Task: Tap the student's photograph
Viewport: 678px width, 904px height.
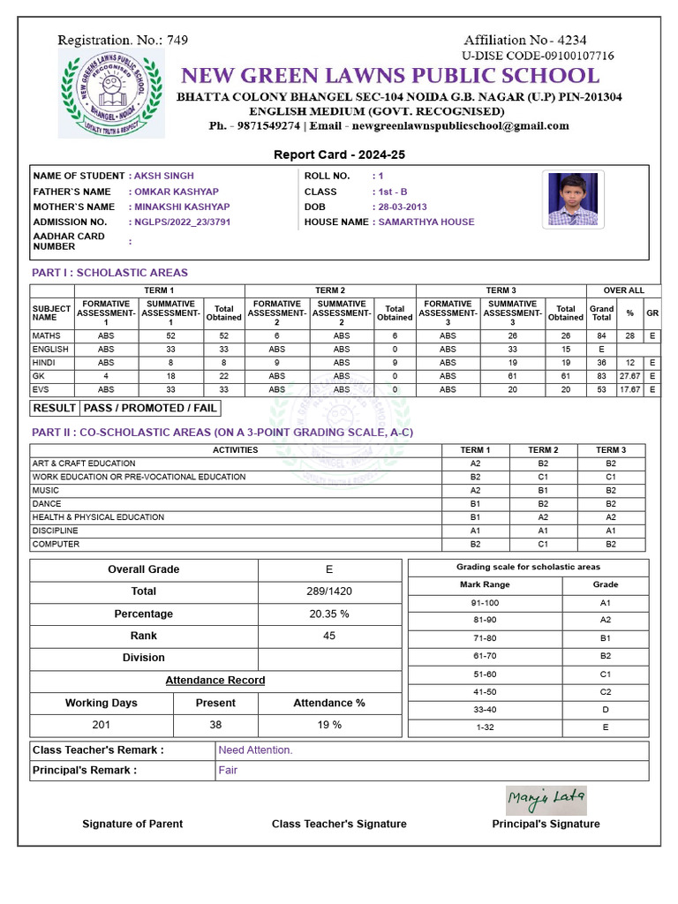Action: point(572,199)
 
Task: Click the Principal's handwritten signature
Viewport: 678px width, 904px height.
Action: point(546,800)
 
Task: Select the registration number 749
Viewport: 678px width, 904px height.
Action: point(177,40)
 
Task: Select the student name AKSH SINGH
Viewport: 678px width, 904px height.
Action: point(163,176)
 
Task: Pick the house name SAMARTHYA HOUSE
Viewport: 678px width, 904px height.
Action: point(426,222)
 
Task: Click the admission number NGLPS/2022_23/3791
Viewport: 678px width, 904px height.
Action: point(181,222)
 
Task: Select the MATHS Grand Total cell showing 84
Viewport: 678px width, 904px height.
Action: point(600,336)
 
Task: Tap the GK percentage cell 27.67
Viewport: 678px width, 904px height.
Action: point(629,376)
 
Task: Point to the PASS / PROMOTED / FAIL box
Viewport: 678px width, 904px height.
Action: point(149,408)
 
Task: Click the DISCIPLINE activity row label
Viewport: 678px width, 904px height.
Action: point(55,531)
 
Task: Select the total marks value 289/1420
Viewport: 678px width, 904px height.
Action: point(329,591)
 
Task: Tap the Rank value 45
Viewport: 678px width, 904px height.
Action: point(329,636)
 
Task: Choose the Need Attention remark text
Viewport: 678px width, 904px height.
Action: point(255,750)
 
